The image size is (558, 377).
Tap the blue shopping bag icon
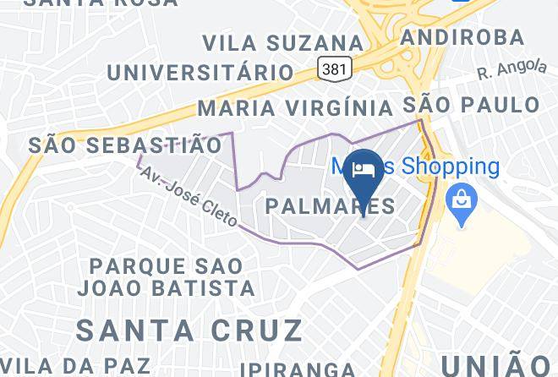[462, 202]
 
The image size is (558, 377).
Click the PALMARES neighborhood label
[330, 205]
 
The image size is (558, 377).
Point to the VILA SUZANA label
[276, 42]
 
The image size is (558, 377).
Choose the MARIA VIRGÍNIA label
[295, 108]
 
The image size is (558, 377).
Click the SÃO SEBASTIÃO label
[124, 145]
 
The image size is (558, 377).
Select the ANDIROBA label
[462, 38]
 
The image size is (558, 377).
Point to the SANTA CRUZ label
[190, 328]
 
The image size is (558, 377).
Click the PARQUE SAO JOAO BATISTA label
[167, 276]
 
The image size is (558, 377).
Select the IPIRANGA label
[297, 369]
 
